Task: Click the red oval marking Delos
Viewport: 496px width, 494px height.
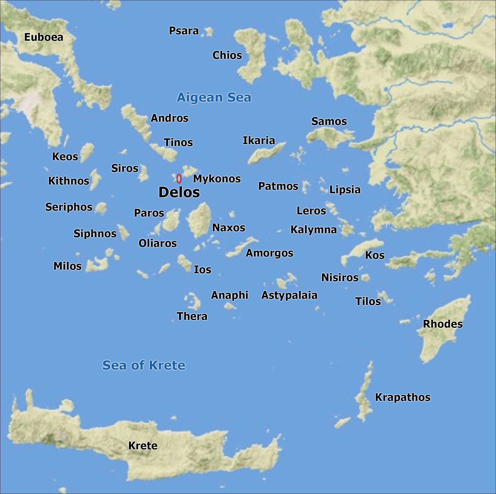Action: pyautogui.click(x=179, y=179)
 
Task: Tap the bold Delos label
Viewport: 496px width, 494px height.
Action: pyautogui.click(x=179, y=192)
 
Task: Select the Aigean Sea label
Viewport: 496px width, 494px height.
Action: pyautogui.click(x=214, y=97)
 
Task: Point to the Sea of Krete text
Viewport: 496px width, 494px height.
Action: pyautogui.click(x=144, y=365)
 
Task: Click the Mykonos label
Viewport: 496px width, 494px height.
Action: pyautogui.click(x=217, y=179)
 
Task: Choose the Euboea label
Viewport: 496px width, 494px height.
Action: pyautogui.click(x=44, y=37)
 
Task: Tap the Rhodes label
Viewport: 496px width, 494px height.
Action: pyautogui.click(x=443, y=324)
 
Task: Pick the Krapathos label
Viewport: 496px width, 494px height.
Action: pyautogui.click(x=403, y=397)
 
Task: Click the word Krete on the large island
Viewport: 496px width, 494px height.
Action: pyautogui.click(x=143, y=446)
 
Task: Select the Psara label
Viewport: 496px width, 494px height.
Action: pyautogui.click(x=184, y=31)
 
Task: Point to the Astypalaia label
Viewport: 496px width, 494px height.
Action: pyautogui.click(x=289, y=295)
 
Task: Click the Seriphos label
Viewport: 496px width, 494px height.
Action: pyautogui.click(x=69, y=207)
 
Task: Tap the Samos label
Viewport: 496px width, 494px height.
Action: pyautogui.click(x=329, y=121)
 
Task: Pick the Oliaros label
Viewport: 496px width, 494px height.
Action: pyautogui.click(x=158, y=243)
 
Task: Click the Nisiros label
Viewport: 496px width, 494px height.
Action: pyautogui.click(x=340, y=278)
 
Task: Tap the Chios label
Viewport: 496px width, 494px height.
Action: pyautogui.click(x=227, y=55)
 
